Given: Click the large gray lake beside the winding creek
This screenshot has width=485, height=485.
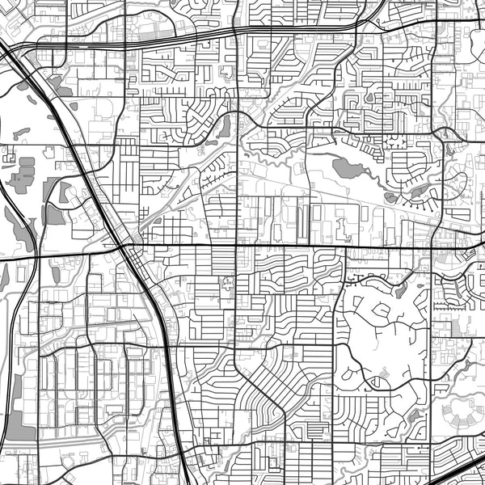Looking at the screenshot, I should [x=346, y=168].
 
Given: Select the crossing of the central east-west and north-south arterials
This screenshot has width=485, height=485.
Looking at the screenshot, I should [x=237, y=246].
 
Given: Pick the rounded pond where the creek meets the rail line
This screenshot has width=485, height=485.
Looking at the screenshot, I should [x=224, y=127].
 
